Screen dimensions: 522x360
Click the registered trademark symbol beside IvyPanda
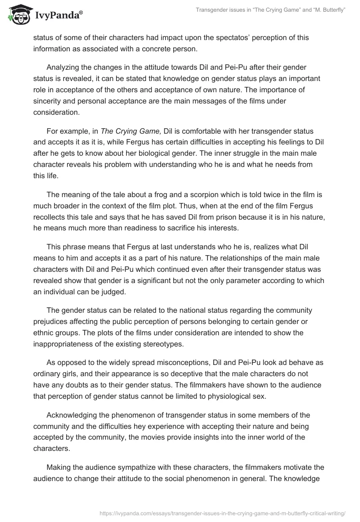pos(81,13)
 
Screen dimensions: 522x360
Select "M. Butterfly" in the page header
pos(328,10)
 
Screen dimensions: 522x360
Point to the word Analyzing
pos(64,67)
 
